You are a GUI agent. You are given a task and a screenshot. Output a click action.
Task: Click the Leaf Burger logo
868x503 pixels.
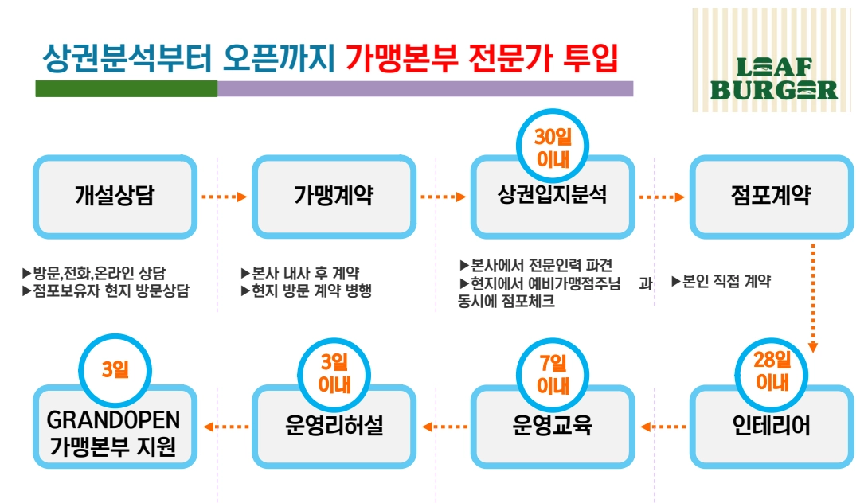(772, 60)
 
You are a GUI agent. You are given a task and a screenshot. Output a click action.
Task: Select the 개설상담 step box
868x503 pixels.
(115, 197)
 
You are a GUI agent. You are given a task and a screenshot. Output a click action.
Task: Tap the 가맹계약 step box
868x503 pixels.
(334, 197)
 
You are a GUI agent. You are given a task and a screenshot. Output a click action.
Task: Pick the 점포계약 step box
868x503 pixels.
(771, 197)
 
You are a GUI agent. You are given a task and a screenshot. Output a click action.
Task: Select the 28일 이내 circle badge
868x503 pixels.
(771, 374)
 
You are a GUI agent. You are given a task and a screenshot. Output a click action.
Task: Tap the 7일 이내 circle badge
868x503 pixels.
(553, 375)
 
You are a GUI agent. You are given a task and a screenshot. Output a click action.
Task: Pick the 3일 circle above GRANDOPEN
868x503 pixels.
(115, 369)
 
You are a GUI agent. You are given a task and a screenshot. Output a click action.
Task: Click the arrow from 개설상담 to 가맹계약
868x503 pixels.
(225, 197)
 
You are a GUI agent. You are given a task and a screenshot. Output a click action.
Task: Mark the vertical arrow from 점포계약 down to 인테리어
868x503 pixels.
(812, 298)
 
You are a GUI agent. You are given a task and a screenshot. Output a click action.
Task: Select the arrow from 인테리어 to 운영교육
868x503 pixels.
(663, 427)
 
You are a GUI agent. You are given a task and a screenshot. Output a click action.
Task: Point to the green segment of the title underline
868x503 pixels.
(126, 88)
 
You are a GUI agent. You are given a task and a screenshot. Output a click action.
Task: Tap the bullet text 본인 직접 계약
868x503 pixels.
(721, 281)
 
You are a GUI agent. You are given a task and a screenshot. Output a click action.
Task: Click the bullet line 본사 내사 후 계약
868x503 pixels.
(300, 273)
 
